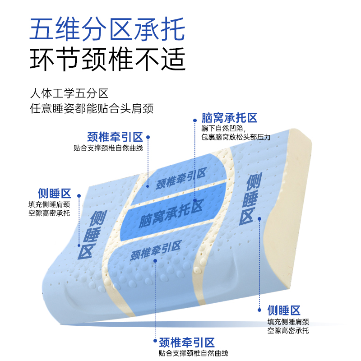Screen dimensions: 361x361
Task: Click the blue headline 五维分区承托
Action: pyautogui.click(x=107, y=29)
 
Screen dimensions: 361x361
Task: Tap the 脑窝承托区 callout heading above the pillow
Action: pyautogui.click(x=229, y=118)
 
